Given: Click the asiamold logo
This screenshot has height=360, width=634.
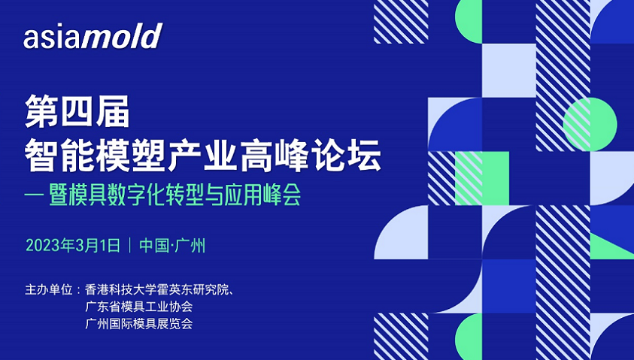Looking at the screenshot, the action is tap(93, 36).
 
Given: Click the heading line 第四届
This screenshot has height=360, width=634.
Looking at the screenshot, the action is tap(77, 111).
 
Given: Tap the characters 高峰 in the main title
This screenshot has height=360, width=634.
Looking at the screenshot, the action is tap(275, 155).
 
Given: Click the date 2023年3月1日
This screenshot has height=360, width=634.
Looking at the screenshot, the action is tap(73, 245).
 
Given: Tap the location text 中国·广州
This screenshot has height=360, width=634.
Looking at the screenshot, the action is tap(172, 245).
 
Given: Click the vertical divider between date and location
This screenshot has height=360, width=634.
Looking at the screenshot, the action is tap(130, 245).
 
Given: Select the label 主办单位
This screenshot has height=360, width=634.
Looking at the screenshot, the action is tap(49, 289).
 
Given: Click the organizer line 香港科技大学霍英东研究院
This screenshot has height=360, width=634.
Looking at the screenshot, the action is tap(157, 289).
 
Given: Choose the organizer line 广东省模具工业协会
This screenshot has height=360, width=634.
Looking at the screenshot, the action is tap(138, 307).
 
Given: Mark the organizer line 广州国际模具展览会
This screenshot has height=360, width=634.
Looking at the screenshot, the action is tap(138, 324).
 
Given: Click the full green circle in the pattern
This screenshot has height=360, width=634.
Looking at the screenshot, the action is tap(590, 125).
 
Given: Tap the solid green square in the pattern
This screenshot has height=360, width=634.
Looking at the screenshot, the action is tap(482, 178).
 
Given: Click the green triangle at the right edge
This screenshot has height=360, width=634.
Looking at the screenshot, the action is tap(611, 246).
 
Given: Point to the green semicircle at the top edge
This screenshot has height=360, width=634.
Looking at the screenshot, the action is tap(469, 21).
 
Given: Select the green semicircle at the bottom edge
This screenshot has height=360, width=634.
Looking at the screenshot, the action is tap(469, 337).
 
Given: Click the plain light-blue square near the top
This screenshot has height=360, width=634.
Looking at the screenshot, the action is tap(509, 71).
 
